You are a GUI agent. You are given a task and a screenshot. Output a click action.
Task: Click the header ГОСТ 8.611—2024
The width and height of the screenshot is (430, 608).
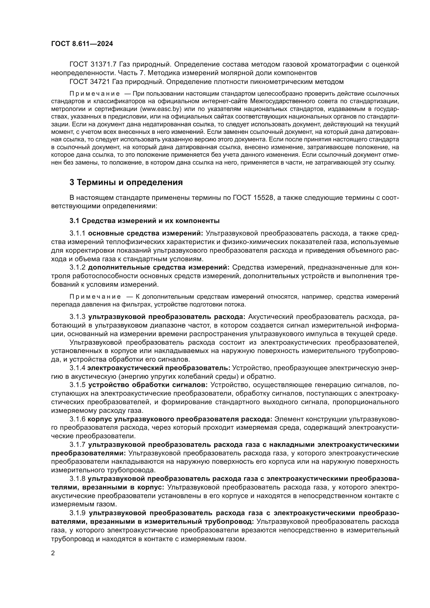[82, 44]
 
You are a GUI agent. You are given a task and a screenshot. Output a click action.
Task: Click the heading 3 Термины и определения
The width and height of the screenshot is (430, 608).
[126, 182]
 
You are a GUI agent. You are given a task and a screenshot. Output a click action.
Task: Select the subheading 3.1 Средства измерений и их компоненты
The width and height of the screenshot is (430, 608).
[145, 221]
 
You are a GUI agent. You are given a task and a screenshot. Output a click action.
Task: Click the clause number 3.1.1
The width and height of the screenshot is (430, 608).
[77, 233]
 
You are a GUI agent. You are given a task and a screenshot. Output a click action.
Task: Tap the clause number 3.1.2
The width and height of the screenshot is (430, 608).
[77, 267]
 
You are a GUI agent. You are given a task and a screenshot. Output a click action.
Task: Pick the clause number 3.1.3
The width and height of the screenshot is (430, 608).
[77, 317]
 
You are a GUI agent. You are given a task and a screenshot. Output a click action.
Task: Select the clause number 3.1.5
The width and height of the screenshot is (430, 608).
[77, 385]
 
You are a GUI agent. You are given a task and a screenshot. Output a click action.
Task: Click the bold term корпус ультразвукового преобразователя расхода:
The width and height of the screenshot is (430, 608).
[180, 419]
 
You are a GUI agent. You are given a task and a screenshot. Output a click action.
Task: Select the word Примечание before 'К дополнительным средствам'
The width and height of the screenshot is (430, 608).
[95, 297]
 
